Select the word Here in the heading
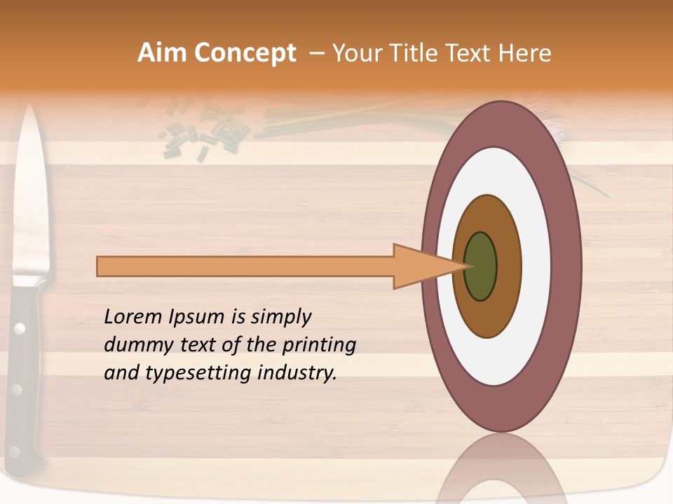tap(525, 53)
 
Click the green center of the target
tap(480, 267)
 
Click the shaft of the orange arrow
tap(245, 267)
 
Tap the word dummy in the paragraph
tap(133, 345)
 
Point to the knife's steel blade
tap(31, 196)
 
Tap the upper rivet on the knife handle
tap(20, 328)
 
